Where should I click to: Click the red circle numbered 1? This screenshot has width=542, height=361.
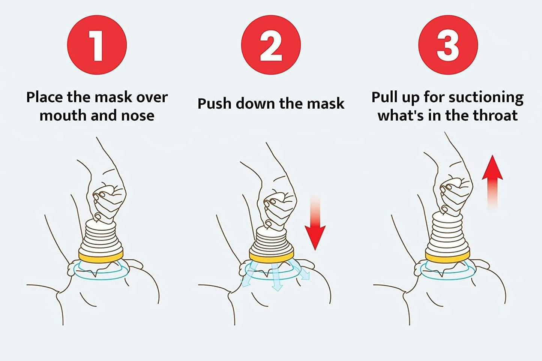click(97, 45)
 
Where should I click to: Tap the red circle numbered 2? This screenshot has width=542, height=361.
click(270, 45)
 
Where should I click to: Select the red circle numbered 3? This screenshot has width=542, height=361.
click(448, 45)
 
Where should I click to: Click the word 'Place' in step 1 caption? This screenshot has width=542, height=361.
click(45, 97)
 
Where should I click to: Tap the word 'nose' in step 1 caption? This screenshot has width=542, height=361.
click(138, 115)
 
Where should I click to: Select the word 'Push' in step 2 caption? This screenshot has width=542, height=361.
click(215, 104)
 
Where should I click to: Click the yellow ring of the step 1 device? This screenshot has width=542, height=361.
click(101, 256)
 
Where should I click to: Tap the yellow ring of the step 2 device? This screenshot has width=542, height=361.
click(271, 257)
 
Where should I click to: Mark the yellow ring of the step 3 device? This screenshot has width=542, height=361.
click(447, 256)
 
